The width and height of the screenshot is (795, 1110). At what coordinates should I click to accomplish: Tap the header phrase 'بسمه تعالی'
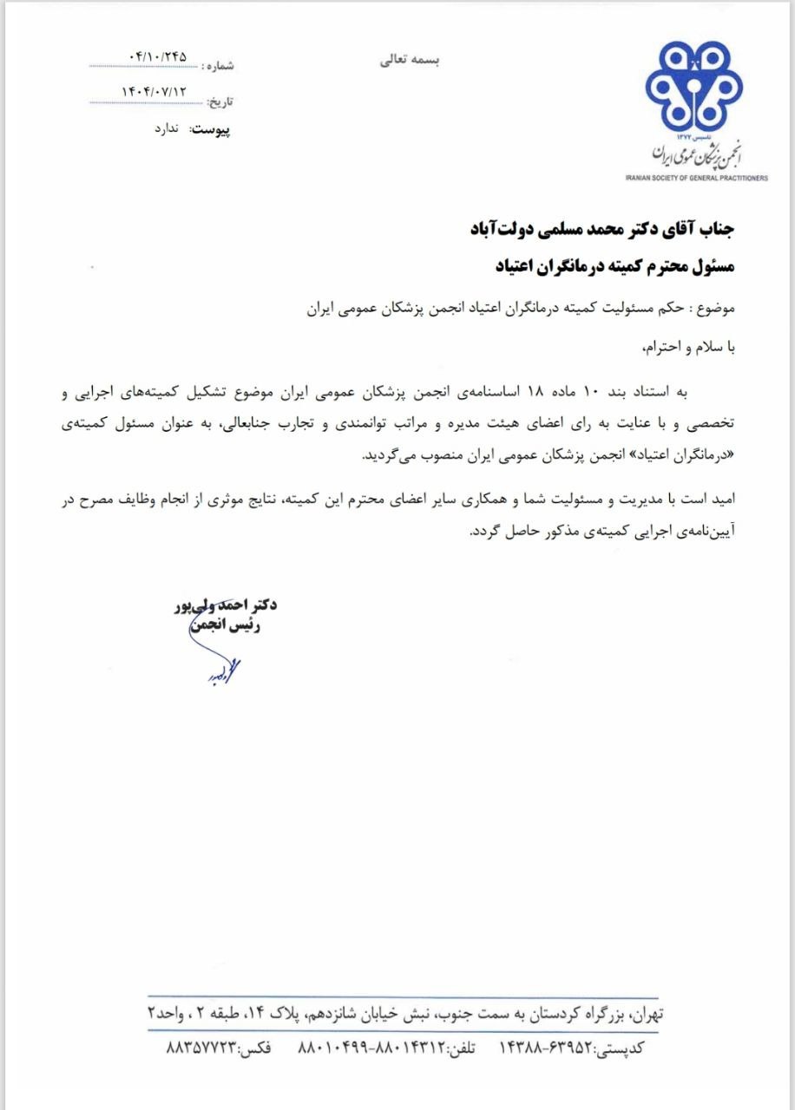[x=411, y=61]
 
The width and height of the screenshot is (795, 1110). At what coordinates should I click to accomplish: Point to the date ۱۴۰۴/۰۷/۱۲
[x=156, y=90]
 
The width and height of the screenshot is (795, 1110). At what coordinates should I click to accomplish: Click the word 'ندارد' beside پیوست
[x=160, y=127]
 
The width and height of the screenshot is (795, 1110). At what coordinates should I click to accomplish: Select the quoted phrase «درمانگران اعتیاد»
[x=683, y=455]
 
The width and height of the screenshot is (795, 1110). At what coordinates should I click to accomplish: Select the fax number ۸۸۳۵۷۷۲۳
[x=200, y=1048]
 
